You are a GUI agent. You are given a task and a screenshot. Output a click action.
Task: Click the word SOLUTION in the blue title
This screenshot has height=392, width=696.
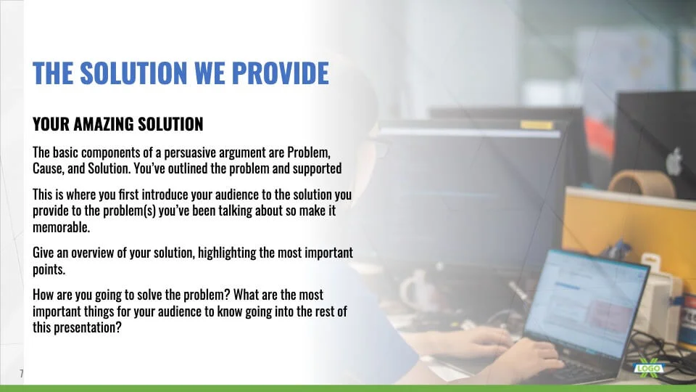pyautogui.click(x=133, y=73)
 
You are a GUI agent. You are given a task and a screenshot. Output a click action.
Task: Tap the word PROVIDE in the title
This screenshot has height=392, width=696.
pyautogui.click(x=280, y=73)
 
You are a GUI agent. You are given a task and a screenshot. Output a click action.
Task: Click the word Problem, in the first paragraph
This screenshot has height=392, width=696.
pyautogui.click(x=309, y=153)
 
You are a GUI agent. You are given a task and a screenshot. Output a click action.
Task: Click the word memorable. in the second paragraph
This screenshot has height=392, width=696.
pyautogui.click(x=61, y=227)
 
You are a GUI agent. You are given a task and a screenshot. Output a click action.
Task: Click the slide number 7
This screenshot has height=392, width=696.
pyautogui.click(x=21, y=373)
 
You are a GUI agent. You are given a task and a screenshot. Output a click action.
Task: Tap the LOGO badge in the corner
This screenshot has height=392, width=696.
pyautogui.click(x=648, y=369)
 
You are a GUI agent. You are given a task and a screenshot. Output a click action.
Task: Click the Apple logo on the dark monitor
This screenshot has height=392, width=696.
pyautogui.click(x=674, y=161)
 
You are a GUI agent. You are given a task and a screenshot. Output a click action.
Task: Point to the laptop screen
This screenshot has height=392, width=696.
pyautogui.click(x=587, y=303)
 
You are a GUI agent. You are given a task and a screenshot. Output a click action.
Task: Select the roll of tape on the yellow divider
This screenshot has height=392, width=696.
pyautogui.click(x=642, y=183)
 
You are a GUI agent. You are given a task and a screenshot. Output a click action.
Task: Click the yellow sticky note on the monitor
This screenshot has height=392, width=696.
pyautogui.click(x=536, y=125)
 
